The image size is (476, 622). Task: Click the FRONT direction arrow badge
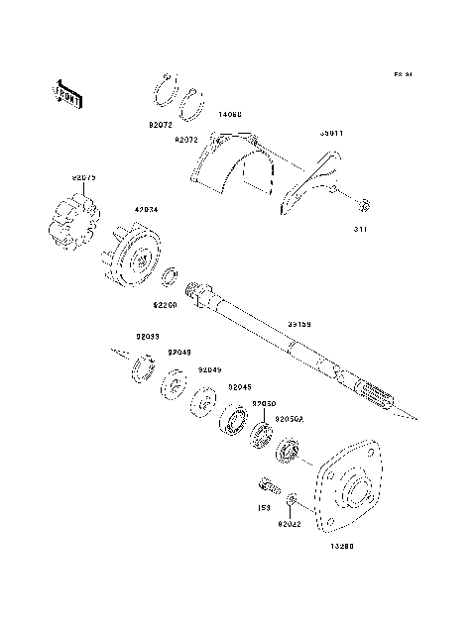pos(65,92)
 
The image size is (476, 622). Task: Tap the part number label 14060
pos(229,116)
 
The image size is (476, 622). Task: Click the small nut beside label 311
pos(365,206)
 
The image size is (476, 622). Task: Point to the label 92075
pos(84,178)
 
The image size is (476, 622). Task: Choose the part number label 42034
pos(146,210)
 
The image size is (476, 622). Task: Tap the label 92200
pos(165,307)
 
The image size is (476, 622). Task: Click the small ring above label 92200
pos(170,274)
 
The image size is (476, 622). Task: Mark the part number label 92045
pos(240,387)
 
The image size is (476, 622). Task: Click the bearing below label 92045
pos(234,421)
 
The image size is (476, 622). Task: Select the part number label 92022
pos(290,522)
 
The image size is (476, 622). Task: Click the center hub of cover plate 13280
pos(355,488)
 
